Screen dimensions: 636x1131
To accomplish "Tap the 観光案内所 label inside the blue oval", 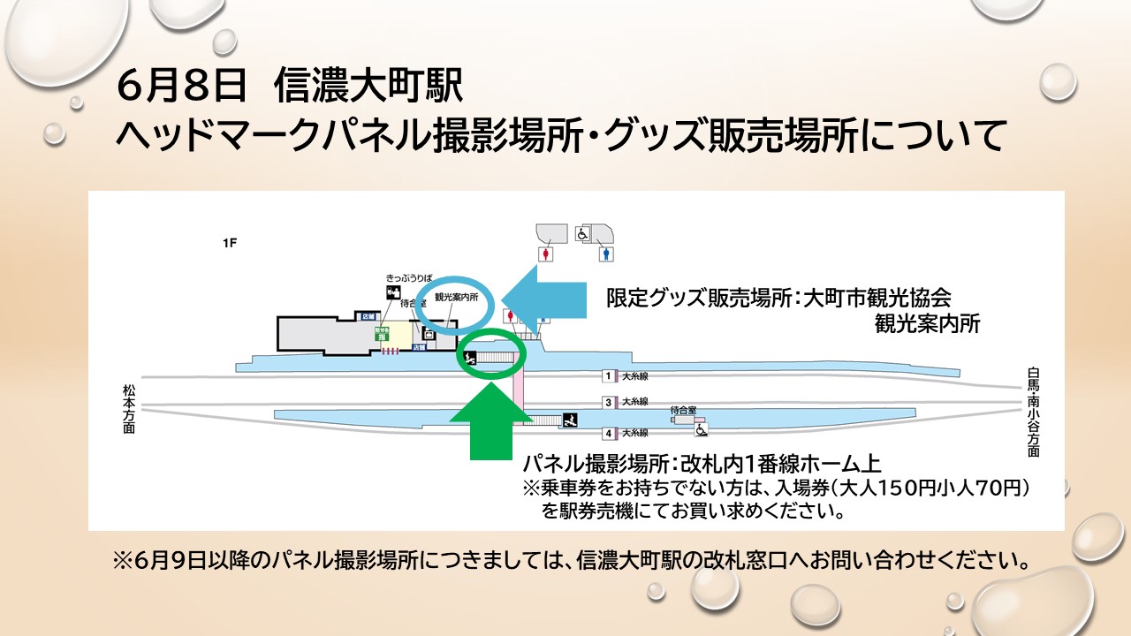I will pos(456,298).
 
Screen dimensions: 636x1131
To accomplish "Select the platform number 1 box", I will pos(608,376).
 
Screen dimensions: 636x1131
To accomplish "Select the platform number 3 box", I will pos(608,402).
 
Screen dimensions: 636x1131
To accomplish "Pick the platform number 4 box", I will pos(608,433).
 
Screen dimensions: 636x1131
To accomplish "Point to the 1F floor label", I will pos(230,243).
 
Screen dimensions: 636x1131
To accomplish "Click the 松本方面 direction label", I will pos(129,408).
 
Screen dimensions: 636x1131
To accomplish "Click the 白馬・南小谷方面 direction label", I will pos(1033,412).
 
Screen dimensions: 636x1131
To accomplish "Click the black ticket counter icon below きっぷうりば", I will pos(391,292).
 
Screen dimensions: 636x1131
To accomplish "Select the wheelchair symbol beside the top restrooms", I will pos(582,234).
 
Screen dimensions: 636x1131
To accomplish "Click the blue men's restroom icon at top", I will pos(606,254).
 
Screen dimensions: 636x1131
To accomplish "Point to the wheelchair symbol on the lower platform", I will pos(701,429).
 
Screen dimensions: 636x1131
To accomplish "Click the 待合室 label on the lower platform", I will pos(683,410).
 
